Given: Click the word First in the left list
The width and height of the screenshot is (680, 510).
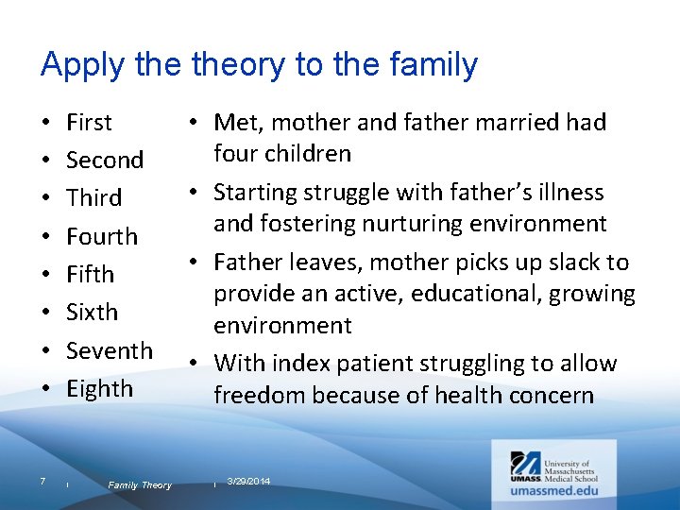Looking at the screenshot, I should [x=89, y=122].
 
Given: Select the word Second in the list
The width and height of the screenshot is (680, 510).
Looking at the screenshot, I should [x=104, y=160].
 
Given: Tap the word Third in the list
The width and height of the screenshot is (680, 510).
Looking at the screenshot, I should [x=93, y=198].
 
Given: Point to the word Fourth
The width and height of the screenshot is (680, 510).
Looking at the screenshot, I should [x=101, y=236].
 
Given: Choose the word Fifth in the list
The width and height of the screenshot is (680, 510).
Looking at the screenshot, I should [x=90, y=274].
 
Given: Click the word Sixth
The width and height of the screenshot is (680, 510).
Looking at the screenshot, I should [x=92, y=312].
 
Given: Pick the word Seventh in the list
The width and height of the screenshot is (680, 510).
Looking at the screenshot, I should [x=109, y=350].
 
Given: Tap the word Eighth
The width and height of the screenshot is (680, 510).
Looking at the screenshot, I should [x=99, y=388].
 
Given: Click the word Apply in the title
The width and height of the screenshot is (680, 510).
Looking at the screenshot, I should [x=78, y=66].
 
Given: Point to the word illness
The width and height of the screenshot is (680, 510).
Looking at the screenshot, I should [x=569, y=193].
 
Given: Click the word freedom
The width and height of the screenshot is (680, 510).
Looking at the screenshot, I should [x=256, y=395].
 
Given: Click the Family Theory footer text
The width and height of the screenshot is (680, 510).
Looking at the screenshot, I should [x=140, y=485].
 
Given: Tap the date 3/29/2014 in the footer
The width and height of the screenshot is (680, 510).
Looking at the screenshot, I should [x=248, y=482].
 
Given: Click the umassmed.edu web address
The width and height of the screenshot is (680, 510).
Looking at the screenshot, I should [x=554, y=491].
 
